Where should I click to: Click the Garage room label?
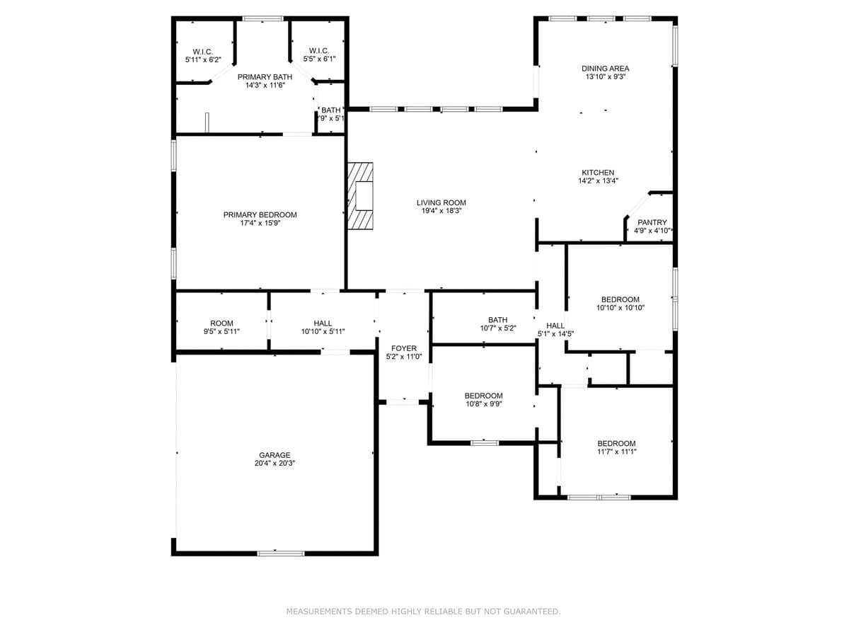[x=275, y=455]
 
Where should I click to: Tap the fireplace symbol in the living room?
[x=360, y=196]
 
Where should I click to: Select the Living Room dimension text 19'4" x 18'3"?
[x=441, y=211]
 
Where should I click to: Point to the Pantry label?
[x=652, y=222]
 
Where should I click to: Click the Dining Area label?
[x=606, y=69]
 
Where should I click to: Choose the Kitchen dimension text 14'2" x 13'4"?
[x=598, y=181]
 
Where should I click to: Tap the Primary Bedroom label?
[x=260, y=214]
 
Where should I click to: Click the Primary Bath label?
[x=265, y=76]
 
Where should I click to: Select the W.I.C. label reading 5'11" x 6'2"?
[x=203, y=51]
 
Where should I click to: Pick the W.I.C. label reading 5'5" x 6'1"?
[x=318, y=51]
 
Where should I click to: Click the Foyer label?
[x=404, y=348]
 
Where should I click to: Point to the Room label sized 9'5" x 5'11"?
[x=221, y=323]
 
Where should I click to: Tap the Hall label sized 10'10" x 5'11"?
[x=323, y=323]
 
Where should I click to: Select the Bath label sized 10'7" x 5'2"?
[x=497, y=320]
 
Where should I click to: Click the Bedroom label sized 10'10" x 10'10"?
[x=620, y=299]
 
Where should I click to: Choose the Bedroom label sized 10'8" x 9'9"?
[x=483, y=396]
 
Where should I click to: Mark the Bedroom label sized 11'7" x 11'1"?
[x=616, y=444]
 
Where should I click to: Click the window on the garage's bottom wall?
[x=281, y=553]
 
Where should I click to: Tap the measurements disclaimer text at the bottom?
[x=423, y=612]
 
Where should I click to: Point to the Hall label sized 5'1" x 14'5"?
[x=555, y=326]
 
